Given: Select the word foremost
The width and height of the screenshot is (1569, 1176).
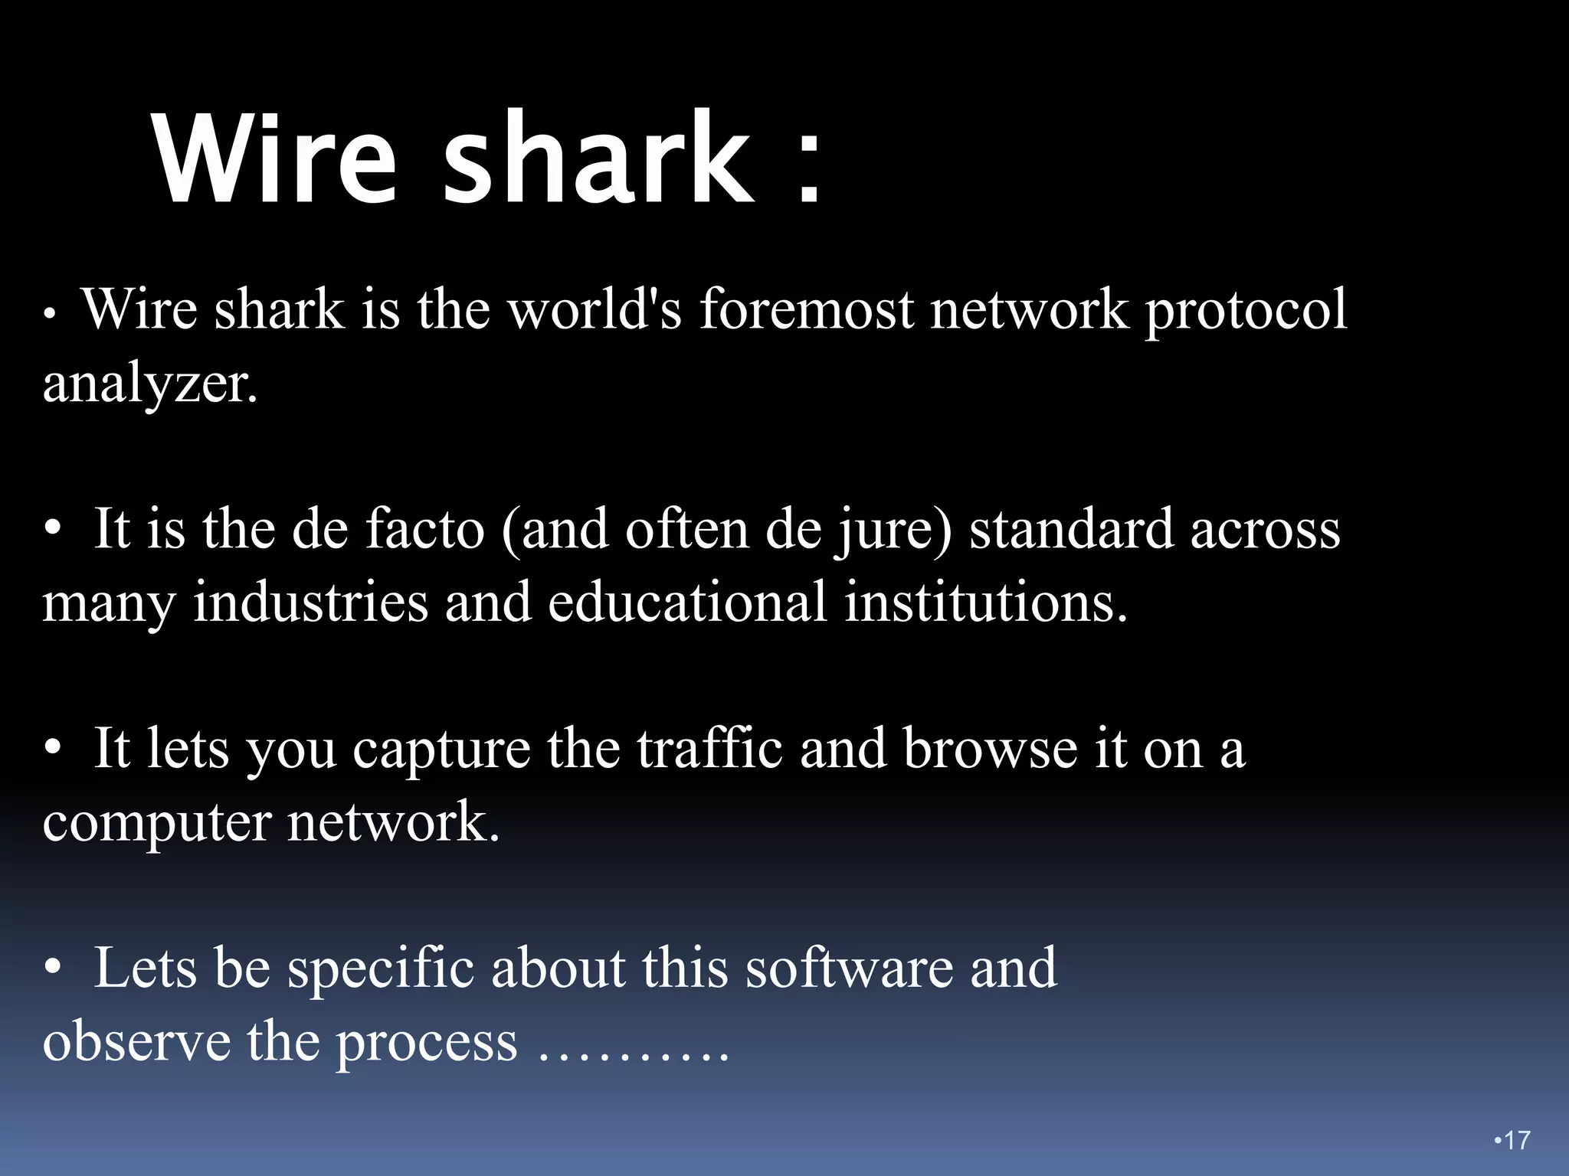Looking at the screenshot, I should (x=807, y=309).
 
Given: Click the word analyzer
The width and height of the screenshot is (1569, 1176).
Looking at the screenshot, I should (x=149, y=383).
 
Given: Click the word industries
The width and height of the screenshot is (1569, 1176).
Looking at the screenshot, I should (x=310, y=602).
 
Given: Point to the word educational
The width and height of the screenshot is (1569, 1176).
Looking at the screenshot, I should (x=687, y=602).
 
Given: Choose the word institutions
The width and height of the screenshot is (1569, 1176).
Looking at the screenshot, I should (x=986, y=602).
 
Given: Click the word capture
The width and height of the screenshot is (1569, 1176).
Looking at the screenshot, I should (x=441, y=750).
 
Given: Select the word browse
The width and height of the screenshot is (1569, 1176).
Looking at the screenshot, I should (x=991, y=748).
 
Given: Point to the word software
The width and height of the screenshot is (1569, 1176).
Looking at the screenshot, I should (x=850, y=968).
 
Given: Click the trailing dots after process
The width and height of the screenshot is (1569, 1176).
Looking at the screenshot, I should (x=633, y=1058).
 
